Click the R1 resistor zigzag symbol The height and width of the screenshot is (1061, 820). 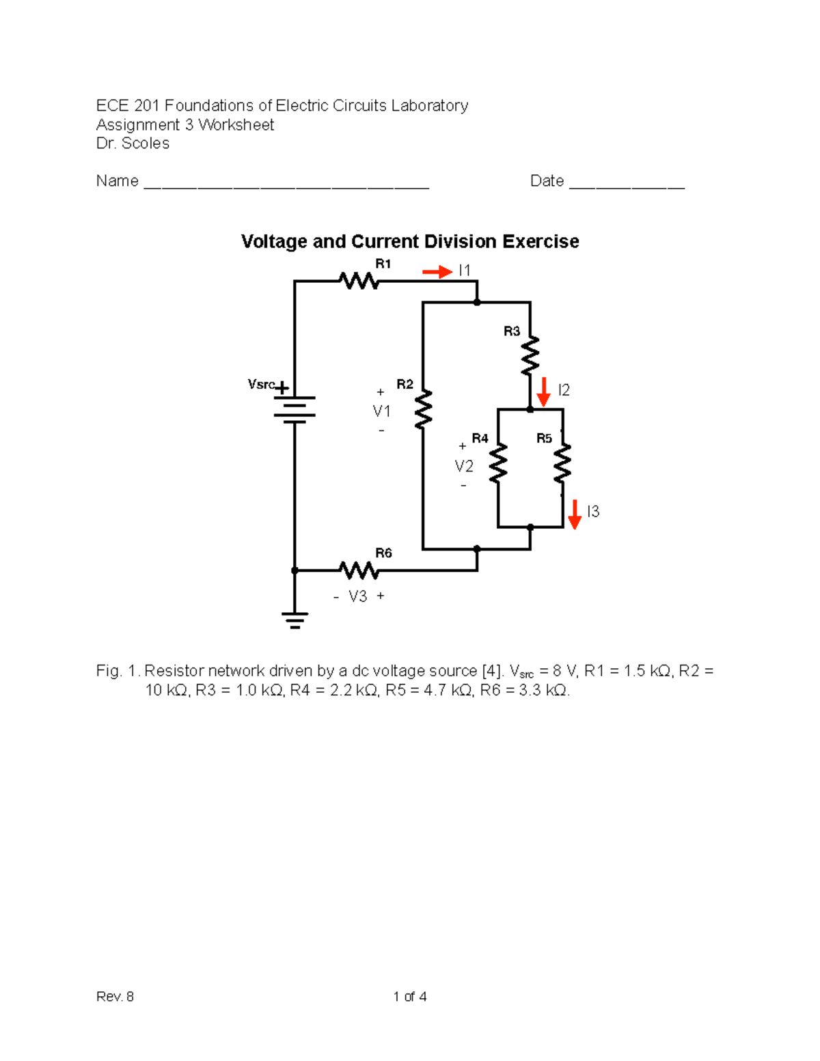(x=359, y=281)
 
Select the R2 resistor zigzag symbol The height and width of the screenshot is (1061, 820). (x=424, y=410)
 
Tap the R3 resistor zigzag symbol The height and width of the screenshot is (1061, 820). (x=530, y=356)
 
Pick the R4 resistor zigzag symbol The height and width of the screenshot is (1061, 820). (x=498, y=463)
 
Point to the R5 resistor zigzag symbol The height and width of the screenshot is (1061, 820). (x=562, y=463)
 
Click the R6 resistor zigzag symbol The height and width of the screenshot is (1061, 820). (x=359, y=570)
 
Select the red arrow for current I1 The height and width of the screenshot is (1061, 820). (x=437, y=272)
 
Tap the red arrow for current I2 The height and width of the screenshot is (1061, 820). (x=544, y=391)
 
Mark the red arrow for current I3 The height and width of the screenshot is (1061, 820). (x=575, y=514)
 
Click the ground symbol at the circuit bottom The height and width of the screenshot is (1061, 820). (x=295, y=620)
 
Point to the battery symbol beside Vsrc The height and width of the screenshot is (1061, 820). (x=295, y=409)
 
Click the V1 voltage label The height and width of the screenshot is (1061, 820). (x=381, y=411)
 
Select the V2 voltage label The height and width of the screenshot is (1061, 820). (x=464, y=467)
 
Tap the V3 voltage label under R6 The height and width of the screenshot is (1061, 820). (x=358, y=596)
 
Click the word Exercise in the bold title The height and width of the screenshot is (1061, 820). (x=541, y=242)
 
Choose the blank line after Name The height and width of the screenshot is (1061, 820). (x=286, y=183)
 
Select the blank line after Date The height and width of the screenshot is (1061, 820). (x=627, y=183)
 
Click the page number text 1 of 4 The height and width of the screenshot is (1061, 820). (x=410, y=997)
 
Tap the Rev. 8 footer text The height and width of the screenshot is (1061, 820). (x=115, y=997)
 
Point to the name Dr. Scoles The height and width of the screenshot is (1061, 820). (x=133, y=143)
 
